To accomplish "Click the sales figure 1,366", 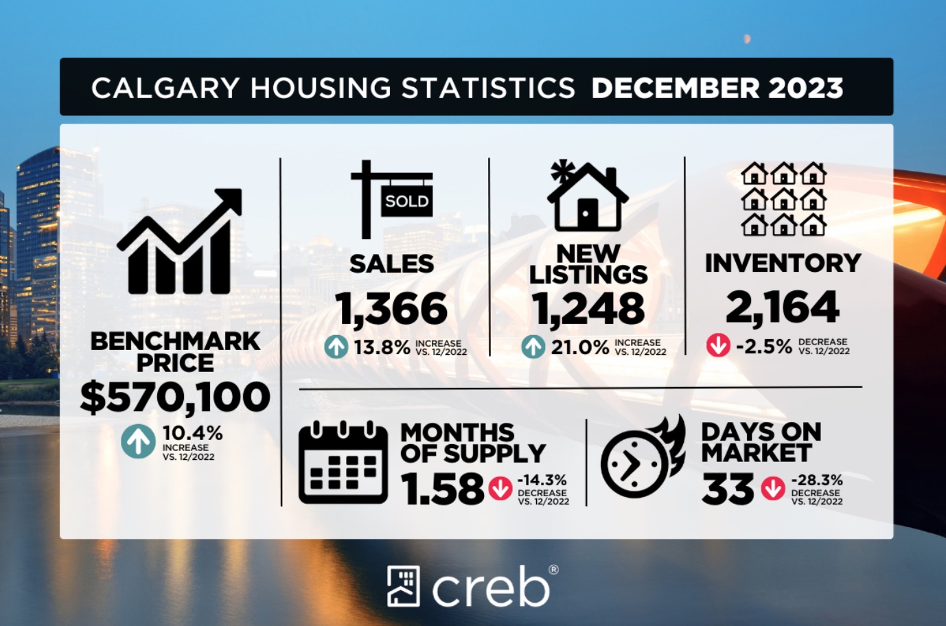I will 391,309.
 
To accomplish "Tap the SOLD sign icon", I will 392,199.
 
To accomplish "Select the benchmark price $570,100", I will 175,397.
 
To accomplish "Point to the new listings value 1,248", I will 588,309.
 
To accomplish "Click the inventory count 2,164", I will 783,307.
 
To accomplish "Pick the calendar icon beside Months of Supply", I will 343,463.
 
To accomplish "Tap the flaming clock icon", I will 643,457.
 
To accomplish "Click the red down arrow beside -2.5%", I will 718,345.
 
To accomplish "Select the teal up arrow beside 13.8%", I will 336,347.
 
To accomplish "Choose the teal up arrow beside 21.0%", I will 533,347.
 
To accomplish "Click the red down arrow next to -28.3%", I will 773,489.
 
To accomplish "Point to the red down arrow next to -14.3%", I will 500,489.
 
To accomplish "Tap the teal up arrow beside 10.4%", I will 139,441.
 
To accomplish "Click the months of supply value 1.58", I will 442,489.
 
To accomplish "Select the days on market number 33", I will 728,489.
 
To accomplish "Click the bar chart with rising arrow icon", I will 180,242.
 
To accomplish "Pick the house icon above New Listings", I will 587,198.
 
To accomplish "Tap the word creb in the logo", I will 491,587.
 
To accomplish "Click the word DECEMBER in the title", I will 676,88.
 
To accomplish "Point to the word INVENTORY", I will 783,263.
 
